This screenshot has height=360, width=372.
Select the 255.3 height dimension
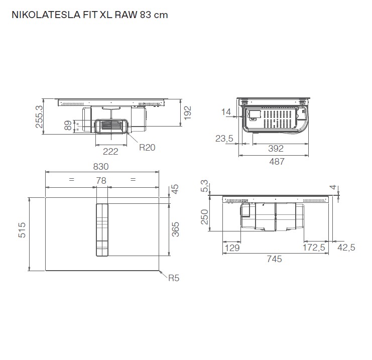coord(39,116)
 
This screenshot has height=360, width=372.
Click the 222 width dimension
coord(110,151)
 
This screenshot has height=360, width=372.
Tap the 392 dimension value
coord(276,149)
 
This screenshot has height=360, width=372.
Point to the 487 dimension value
coord(276,161)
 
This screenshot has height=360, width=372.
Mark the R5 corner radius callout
coord(173,278)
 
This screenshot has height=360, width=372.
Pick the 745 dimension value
coord(274,259)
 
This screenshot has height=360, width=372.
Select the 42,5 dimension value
coord(346,248)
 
